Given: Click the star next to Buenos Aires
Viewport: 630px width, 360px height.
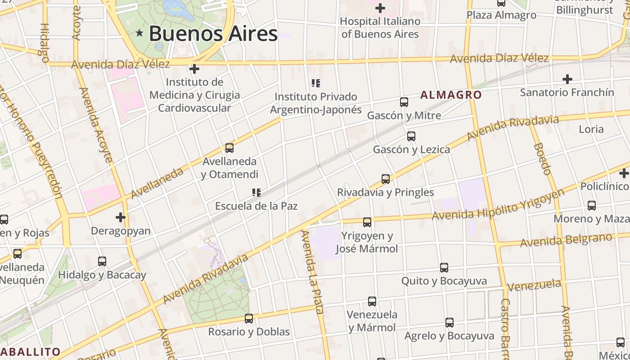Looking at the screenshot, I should (139, 33).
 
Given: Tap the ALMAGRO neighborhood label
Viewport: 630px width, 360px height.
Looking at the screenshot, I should (451, 95).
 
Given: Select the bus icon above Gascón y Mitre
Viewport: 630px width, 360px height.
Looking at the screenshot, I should (404, 102).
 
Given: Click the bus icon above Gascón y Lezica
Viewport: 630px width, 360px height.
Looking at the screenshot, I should (411, 136).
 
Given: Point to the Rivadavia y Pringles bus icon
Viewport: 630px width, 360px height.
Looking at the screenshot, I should (386, 179).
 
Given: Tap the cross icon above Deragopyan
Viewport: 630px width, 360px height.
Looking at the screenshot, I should (120, 217).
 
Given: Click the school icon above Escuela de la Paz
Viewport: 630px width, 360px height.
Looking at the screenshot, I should (256, 193).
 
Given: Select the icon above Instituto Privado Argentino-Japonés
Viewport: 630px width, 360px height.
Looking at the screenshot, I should (316, 83).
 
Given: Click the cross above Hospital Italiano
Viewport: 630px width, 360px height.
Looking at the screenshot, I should (380, 8).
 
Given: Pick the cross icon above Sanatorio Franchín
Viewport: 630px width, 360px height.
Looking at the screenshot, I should (567, 79).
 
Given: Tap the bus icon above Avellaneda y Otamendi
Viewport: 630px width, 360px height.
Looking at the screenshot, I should (229, 148).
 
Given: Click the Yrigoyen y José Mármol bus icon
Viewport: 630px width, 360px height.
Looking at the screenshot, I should (367, 222).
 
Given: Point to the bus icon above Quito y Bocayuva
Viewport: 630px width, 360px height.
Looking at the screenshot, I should (444, 268).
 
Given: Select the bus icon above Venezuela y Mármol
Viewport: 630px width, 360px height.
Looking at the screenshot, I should (372, 301).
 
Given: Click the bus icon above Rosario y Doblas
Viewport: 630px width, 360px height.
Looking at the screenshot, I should (249, 319).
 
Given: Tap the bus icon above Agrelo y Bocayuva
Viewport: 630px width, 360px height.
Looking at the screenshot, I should (450, 323).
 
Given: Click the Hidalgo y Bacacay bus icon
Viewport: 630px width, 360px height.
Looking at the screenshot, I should (102, 261).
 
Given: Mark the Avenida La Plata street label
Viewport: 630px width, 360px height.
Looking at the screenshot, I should (312, 272).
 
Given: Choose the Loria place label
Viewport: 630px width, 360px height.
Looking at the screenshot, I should (591, 129).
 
